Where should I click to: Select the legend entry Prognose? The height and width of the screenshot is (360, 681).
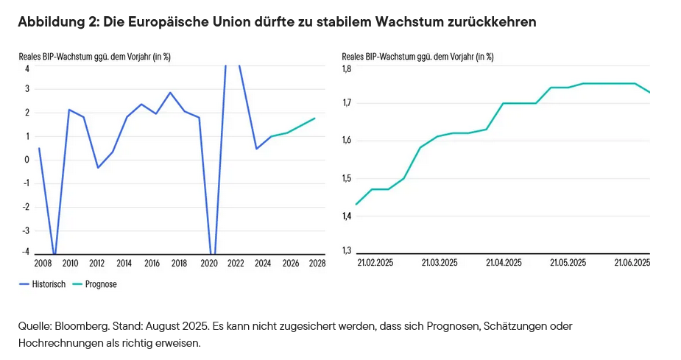point(100,283)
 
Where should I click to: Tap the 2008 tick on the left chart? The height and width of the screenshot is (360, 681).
point(43,263)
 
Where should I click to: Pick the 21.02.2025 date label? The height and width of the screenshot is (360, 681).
point(375,262)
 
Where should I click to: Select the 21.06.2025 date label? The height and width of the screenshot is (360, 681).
point(632,262)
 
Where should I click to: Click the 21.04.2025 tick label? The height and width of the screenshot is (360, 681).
point(504,262)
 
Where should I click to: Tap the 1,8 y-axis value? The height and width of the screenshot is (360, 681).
point(346,68)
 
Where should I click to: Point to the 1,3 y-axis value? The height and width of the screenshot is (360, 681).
point(346,251)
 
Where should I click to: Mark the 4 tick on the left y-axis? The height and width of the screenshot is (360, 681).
point(27,68)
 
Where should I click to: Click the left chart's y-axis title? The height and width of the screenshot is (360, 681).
point(95,56)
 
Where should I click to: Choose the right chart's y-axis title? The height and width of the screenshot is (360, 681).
point(418,56)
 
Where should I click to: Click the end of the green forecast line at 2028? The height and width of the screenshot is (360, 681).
point(315,118)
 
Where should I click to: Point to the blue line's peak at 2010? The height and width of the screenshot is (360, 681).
point(69,110)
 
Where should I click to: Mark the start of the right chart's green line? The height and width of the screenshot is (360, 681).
point(356,204)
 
